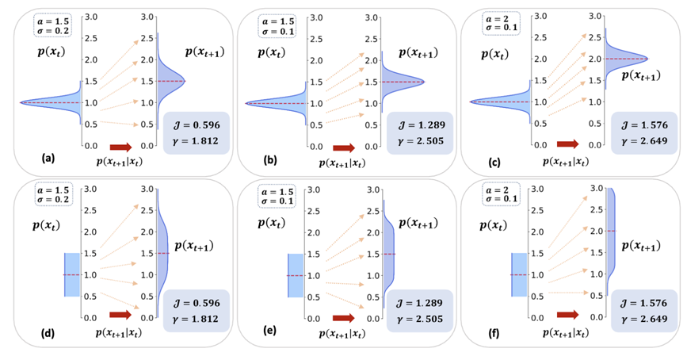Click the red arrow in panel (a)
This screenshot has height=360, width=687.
[x=121, y=147]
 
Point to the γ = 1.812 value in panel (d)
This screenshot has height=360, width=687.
[x=198, y=316]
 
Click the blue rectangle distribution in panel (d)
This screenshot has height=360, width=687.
[x=71, y=274]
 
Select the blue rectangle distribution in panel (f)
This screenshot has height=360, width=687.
[x=518, y=274]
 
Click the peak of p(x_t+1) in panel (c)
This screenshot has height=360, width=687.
[x=647, y=59]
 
